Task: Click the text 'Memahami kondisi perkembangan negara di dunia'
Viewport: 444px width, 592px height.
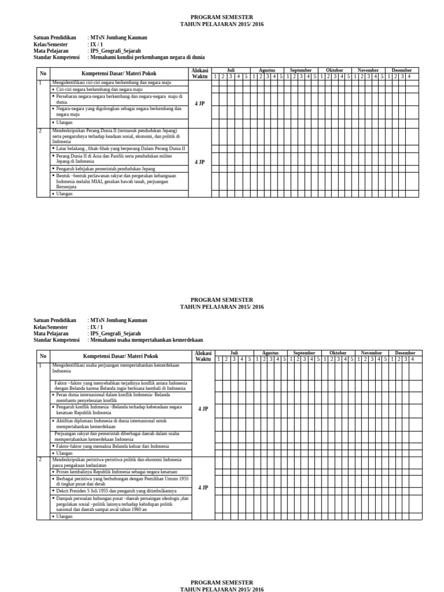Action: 146,58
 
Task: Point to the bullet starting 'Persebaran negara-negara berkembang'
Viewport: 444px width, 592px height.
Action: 119,99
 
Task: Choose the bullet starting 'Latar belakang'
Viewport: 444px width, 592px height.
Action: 120,149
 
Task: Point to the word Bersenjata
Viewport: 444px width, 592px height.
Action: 66,187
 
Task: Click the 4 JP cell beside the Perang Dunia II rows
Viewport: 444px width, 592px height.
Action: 200,162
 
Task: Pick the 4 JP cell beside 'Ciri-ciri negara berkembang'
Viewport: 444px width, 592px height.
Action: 200,103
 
